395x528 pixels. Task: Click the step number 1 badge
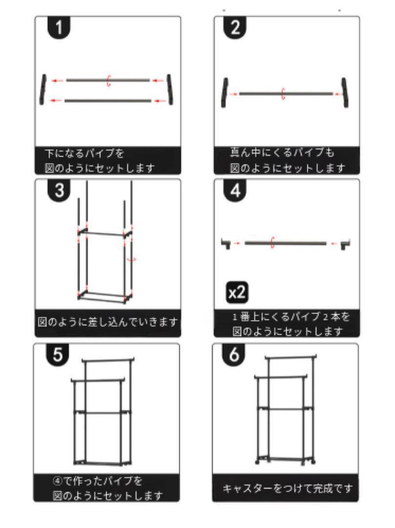[59, 27]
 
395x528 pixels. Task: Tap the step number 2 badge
[235, 27]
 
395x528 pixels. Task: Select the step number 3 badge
[59, 190]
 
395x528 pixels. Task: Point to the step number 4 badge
[235, 190]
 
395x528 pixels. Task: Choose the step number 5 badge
[58, 354]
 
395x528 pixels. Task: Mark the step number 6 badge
[234, 354]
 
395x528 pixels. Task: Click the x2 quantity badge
[237, 292]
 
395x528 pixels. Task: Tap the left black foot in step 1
[42, 89]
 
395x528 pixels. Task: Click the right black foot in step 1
[170, 89]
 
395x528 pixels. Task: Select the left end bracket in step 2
[224, 92]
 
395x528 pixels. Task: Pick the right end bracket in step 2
[345, 92]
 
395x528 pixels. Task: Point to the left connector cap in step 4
[226, 243]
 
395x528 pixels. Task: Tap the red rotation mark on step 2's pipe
[283, 94]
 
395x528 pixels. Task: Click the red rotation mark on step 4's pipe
[272, 243]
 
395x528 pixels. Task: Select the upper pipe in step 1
[108, 81]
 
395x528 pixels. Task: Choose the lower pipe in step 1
[108, 101]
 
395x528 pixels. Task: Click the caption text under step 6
[288, 488]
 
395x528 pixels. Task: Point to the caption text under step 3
[107, 322]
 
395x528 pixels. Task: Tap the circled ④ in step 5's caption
[58, 481]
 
